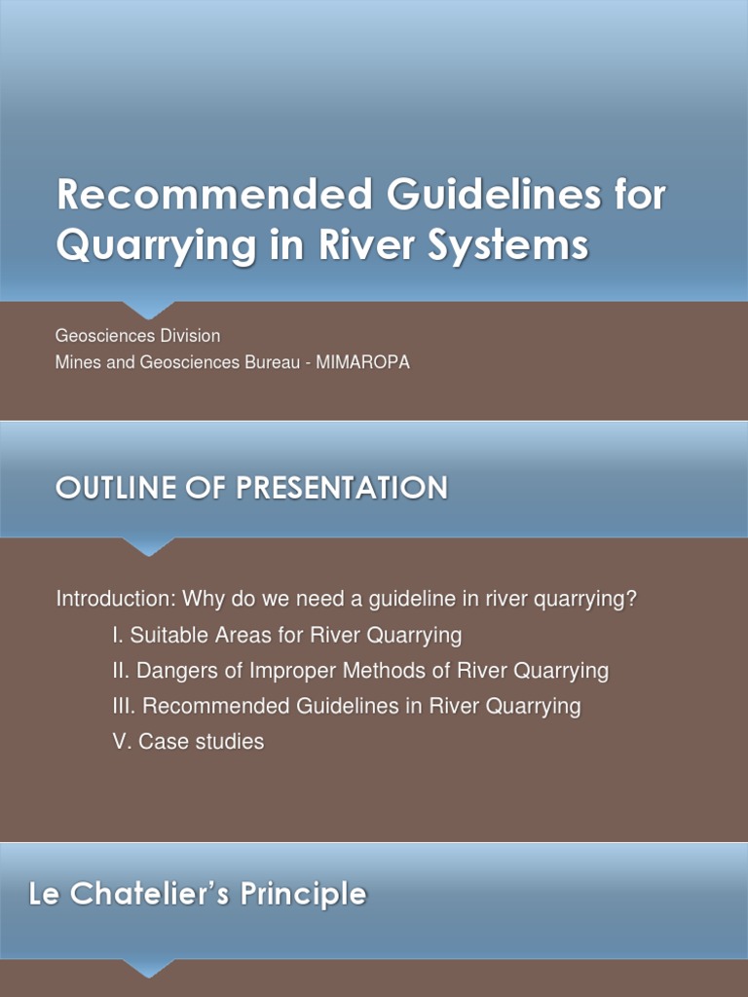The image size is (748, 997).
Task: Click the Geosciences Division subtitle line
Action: tap(138, 336)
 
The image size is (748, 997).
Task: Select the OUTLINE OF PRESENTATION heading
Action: tap(251, 488)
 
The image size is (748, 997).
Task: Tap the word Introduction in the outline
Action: tap(114, 599)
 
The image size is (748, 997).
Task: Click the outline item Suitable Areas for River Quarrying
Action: tap(286, 636)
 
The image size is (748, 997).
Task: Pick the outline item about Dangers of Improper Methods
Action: tap(360, 671)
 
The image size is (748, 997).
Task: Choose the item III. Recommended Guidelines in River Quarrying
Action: tap(346, 706)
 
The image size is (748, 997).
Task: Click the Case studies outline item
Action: tap(188, 742)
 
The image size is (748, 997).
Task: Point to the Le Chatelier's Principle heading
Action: tap(198, 895)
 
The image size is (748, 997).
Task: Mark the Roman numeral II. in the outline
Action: tap(122, 671)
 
